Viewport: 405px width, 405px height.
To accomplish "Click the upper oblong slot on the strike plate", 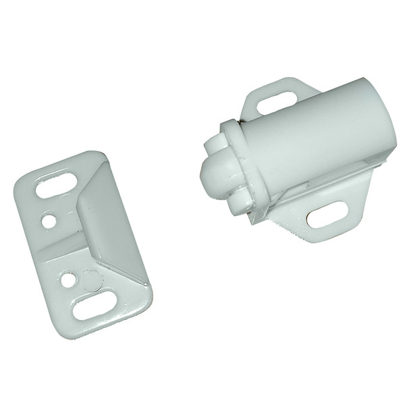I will [56, 184].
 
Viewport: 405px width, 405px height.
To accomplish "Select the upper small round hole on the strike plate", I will [47, 220].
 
